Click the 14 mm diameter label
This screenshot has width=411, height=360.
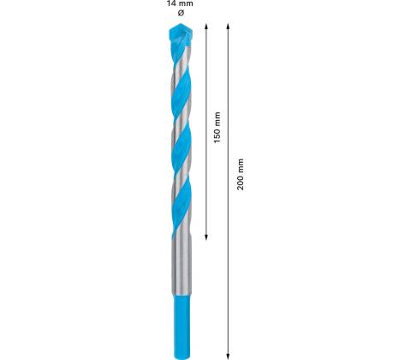click(x=180, y=3)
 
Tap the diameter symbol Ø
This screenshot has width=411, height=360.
click(x=181, y=13)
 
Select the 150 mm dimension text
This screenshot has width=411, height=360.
click(x=217, y=128)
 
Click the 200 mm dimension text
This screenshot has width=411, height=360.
click(x=241, y=174)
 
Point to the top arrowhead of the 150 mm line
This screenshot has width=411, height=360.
click(x=206, y=26)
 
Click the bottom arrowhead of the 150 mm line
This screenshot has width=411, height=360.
click(x=206, y=237)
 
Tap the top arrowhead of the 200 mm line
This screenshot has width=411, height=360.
click(x=228, y=26)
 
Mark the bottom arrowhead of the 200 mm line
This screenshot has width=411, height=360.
click(x=228, y=356)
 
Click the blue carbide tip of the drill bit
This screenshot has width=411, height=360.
click(x=181, y=36)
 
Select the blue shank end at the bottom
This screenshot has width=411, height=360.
click(x=182, y=327)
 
